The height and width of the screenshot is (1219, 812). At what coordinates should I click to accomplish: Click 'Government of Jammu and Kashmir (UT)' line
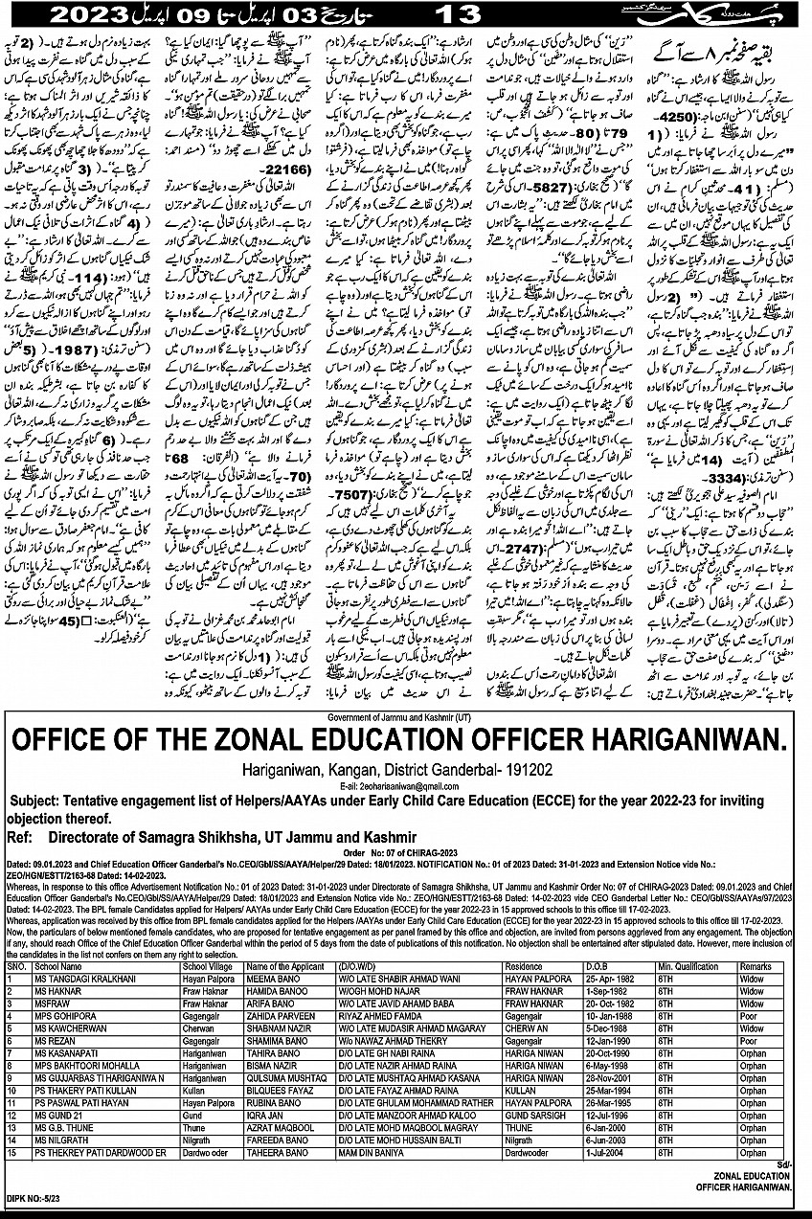(x=405, y=716)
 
